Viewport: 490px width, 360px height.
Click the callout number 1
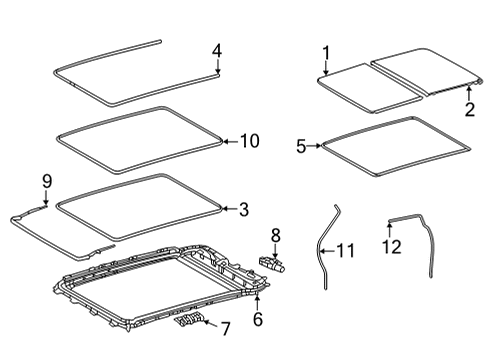point(325,52)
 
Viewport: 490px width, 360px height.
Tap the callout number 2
point(469,110)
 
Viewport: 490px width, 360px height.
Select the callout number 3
point(245,208)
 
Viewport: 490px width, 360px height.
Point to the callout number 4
point(217,49)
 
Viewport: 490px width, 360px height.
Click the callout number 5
point(301,145)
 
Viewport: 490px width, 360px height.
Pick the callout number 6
point(258,320)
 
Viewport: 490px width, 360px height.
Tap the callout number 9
point(46,180)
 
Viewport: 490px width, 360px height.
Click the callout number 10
point(249,141)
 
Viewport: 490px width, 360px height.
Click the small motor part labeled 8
point(272,265)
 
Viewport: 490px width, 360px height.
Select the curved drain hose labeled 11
point(327,260)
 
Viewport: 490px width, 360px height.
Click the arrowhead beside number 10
point(227,141)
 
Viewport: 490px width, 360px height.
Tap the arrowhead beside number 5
point(319,145)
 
